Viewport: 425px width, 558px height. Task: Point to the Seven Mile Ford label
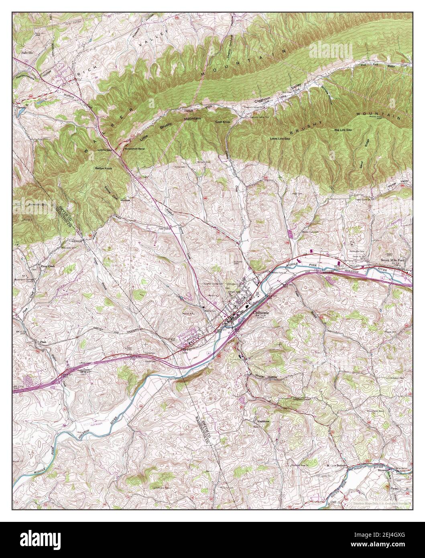392,260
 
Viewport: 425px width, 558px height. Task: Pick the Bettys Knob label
104,168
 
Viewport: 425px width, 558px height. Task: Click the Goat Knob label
222,122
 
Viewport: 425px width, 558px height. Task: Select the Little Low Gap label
280,138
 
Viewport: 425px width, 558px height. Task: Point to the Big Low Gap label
343,130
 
